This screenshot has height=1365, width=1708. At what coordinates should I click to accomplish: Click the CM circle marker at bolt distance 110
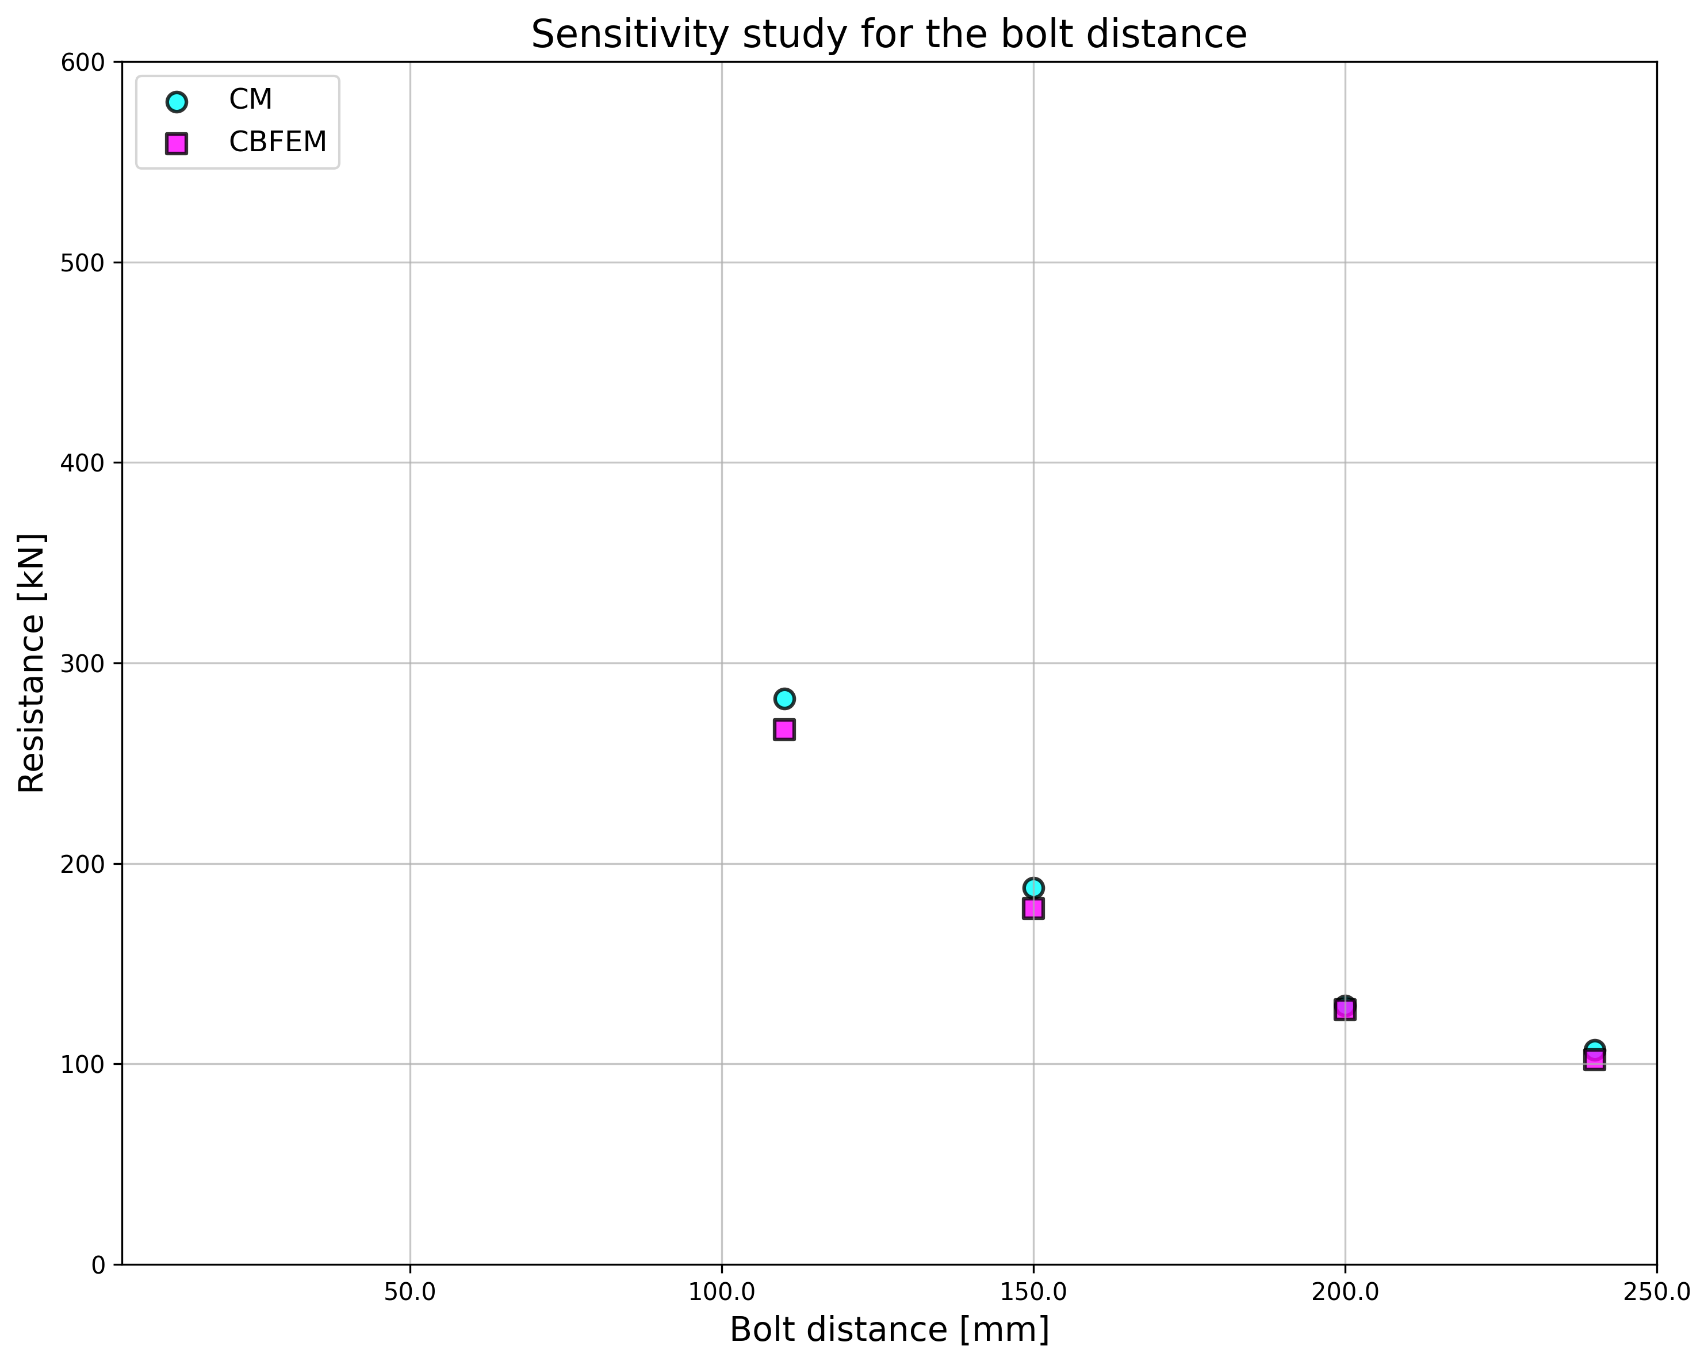784,698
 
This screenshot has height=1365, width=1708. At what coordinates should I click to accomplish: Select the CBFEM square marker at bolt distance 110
784,730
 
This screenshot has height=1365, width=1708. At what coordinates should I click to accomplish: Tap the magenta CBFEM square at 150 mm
1033,908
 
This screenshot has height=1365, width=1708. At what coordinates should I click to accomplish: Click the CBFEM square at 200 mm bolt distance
1345,1010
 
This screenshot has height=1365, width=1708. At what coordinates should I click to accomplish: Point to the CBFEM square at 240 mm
1595,1060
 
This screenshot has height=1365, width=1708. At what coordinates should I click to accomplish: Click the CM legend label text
250,100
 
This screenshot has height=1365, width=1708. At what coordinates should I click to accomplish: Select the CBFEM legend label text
277,142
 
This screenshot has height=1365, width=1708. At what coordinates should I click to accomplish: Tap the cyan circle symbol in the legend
177,101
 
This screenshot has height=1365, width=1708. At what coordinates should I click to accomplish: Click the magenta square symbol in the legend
177,143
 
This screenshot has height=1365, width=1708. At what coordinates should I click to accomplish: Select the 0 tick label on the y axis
98,1265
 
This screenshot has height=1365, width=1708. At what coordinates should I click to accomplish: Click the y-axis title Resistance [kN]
32,663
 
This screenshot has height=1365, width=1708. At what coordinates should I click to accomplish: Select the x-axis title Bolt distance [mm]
889,1330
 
